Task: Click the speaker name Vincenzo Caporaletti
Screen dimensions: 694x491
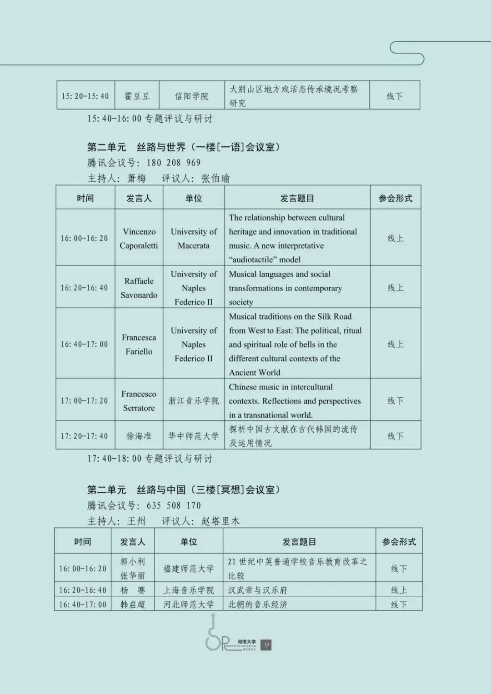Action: tap(139, 238)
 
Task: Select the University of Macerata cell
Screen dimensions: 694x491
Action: tap(194, 238)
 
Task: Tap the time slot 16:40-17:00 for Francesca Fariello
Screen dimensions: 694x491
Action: tap(85, 344)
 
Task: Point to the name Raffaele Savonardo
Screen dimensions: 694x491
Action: tap(139, 288)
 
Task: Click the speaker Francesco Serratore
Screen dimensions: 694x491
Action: tap(139, 400)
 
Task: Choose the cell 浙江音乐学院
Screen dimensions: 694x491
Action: tap(194, 400)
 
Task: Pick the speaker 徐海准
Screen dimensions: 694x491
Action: tap(139, 436)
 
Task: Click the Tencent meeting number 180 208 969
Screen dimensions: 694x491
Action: tap(173, 163)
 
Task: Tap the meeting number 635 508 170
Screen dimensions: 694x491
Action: tap(173, 505)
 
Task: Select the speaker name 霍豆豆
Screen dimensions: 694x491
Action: tap(137, 96)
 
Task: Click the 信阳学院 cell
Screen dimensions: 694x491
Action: tap(191, 96)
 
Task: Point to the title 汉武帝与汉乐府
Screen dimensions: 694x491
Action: tap(258, 590)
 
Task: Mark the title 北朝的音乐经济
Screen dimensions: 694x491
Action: tap(258, 604)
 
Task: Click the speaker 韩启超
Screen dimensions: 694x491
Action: tap(133, 604)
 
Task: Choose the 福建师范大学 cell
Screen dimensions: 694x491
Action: tap(189, 569)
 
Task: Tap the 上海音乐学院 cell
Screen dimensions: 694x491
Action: tap(189, 590)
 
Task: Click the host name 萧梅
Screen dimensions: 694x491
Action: tap(136, 178)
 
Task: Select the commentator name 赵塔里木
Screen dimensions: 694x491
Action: tap(220, 521)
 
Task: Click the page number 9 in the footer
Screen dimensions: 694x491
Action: tap(266, 645)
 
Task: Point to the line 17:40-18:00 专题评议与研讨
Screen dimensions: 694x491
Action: tap(150, 459)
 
